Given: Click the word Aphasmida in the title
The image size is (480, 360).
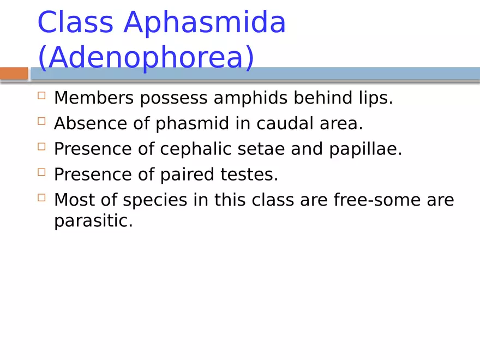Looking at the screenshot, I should click(x=205, y=23).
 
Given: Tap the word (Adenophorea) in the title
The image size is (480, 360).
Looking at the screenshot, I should click(x=146, y=58).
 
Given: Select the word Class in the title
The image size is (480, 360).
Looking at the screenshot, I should click(x=75, y=23).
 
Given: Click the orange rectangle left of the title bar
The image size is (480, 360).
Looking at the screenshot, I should click(x=14, y=74).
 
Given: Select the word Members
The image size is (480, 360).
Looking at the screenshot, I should click(x=93, y=98).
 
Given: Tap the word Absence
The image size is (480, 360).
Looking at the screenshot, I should click(x=89, y=124).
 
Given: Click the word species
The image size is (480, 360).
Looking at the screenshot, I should click(x=158, y=200).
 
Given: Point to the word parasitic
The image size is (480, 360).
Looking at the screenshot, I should click(x=93, y=222).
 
